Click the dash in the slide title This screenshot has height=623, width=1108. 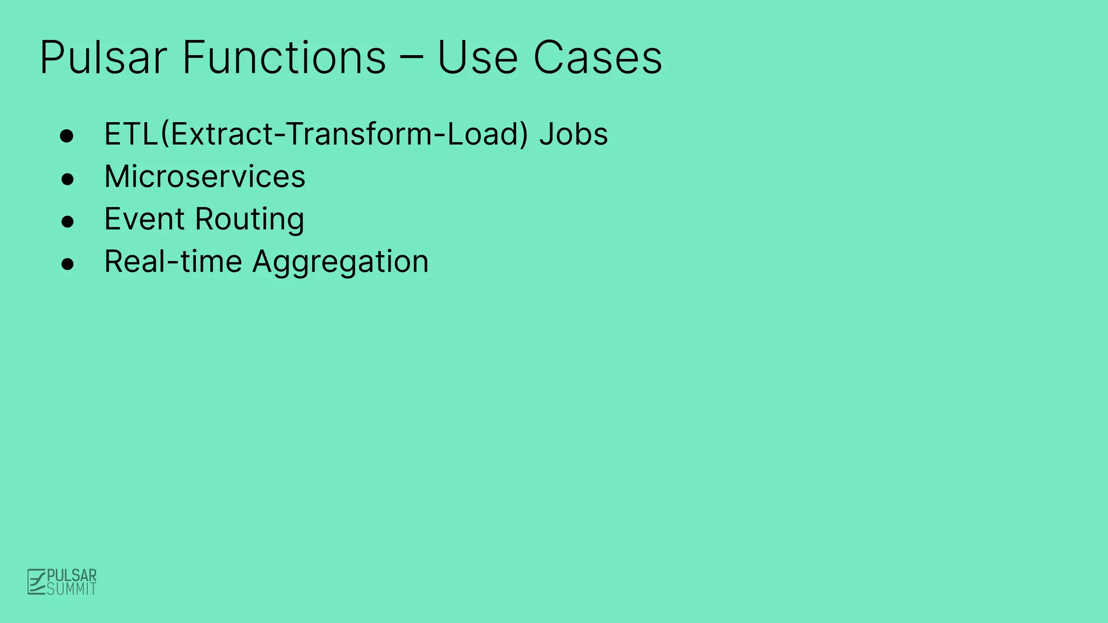pos(411,59)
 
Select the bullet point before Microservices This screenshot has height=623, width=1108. pos(67,178)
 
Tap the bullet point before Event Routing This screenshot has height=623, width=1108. pos(67,221)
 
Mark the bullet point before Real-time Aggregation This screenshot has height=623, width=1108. pos(67,264)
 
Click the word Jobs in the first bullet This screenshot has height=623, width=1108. pos(573,134)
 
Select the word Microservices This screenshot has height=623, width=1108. pos(205,177)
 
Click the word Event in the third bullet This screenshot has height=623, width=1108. pos(144,219)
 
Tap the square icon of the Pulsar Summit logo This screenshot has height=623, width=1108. pos(36,582)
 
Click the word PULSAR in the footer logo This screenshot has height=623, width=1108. pos(72,575)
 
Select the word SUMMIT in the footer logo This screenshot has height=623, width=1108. pos(72,589)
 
